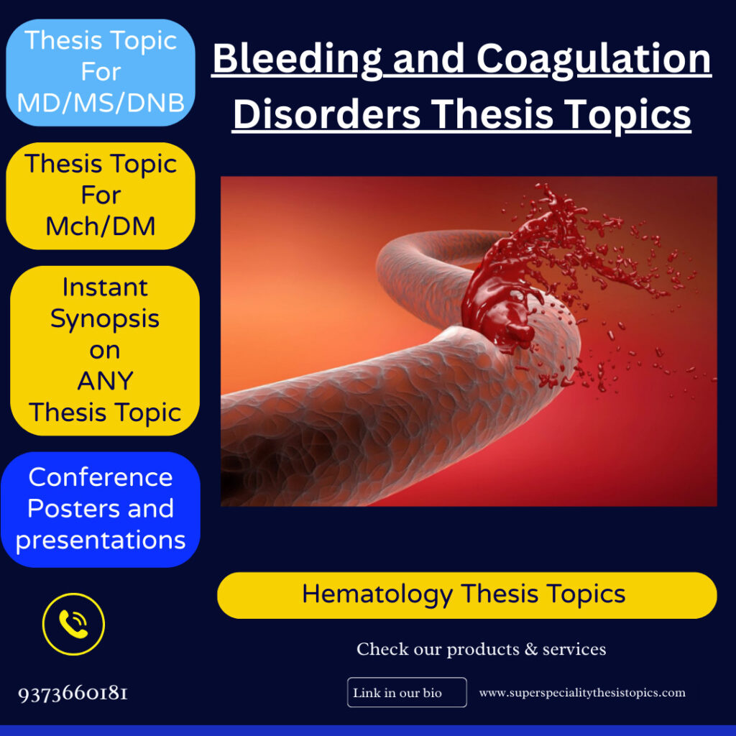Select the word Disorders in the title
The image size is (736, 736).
[326, 115]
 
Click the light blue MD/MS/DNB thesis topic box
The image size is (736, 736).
[101, 73]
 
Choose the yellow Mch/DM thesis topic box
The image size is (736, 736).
[101, 195]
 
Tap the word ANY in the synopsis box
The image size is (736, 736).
[106, 381]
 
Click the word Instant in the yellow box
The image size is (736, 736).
[105, 287]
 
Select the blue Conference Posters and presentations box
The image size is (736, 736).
[101, 509]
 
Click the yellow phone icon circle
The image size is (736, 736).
[73, 624]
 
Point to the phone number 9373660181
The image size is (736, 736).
[73, 694]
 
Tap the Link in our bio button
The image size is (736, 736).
[407, 693]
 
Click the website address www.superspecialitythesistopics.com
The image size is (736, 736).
[582, 693]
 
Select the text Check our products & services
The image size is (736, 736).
[481, 650]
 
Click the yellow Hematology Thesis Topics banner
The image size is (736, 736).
[467, 595]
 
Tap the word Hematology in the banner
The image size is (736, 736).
[377, 594]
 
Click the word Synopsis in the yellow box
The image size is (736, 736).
[105, 318]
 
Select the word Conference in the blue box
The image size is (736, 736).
[101, 477]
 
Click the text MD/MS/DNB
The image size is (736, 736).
[101, 103]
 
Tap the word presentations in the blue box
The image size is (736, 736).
[101, 540]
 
